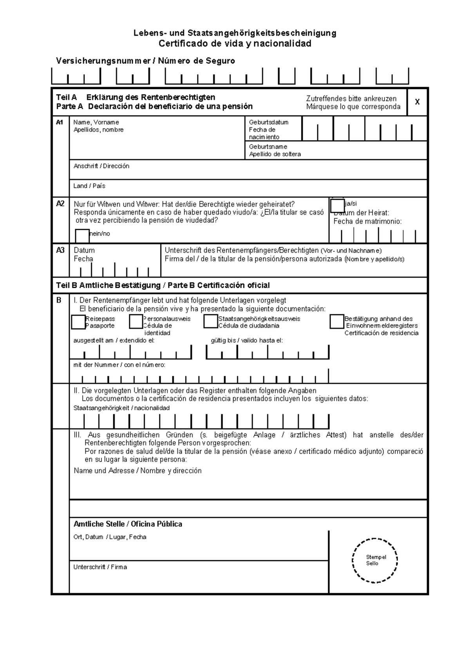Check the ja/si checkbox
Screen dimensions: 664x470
tap(337, 206)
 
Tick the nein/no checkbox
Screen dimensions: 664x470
tap(82, 235)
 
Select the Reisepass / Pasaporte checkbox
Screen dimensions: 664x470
tap(78, 322)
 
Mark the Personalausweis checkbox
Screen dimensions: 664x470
tap(136, 322)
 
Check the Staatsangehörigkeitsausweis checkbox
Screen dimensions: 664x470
tap(211, 321)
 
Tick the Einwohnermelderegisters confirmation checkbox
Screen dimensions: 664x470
tap(337, 321)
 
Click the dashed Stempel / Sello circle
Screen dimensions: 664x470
tap(375, 560)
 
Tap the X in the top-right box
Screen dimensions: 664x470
tap(418, 102)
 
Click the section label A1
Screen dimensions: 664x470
tap(60, 123)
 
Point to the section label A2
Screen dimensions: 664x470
tap(60, 204)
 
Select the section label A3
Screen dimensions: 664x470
tap(60, 250)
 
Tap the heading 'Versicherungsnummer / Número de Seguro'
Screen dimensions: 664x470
tap(145, 61)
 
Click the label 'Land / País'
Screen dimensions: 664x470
tap(89, 186)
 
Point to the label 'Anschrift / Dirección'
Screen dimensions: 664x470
tap(101, 166)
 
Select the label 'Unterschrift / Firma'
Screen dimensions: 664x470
tap(100, 567)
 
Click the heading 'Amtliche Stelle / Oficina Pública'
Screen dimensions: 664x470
tap(128, 524)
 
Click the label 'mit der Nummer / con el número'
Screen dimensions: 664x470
tap(119, 365)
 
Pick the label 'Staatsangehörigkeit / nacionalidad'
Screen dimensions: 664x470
tap(121, 408)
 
